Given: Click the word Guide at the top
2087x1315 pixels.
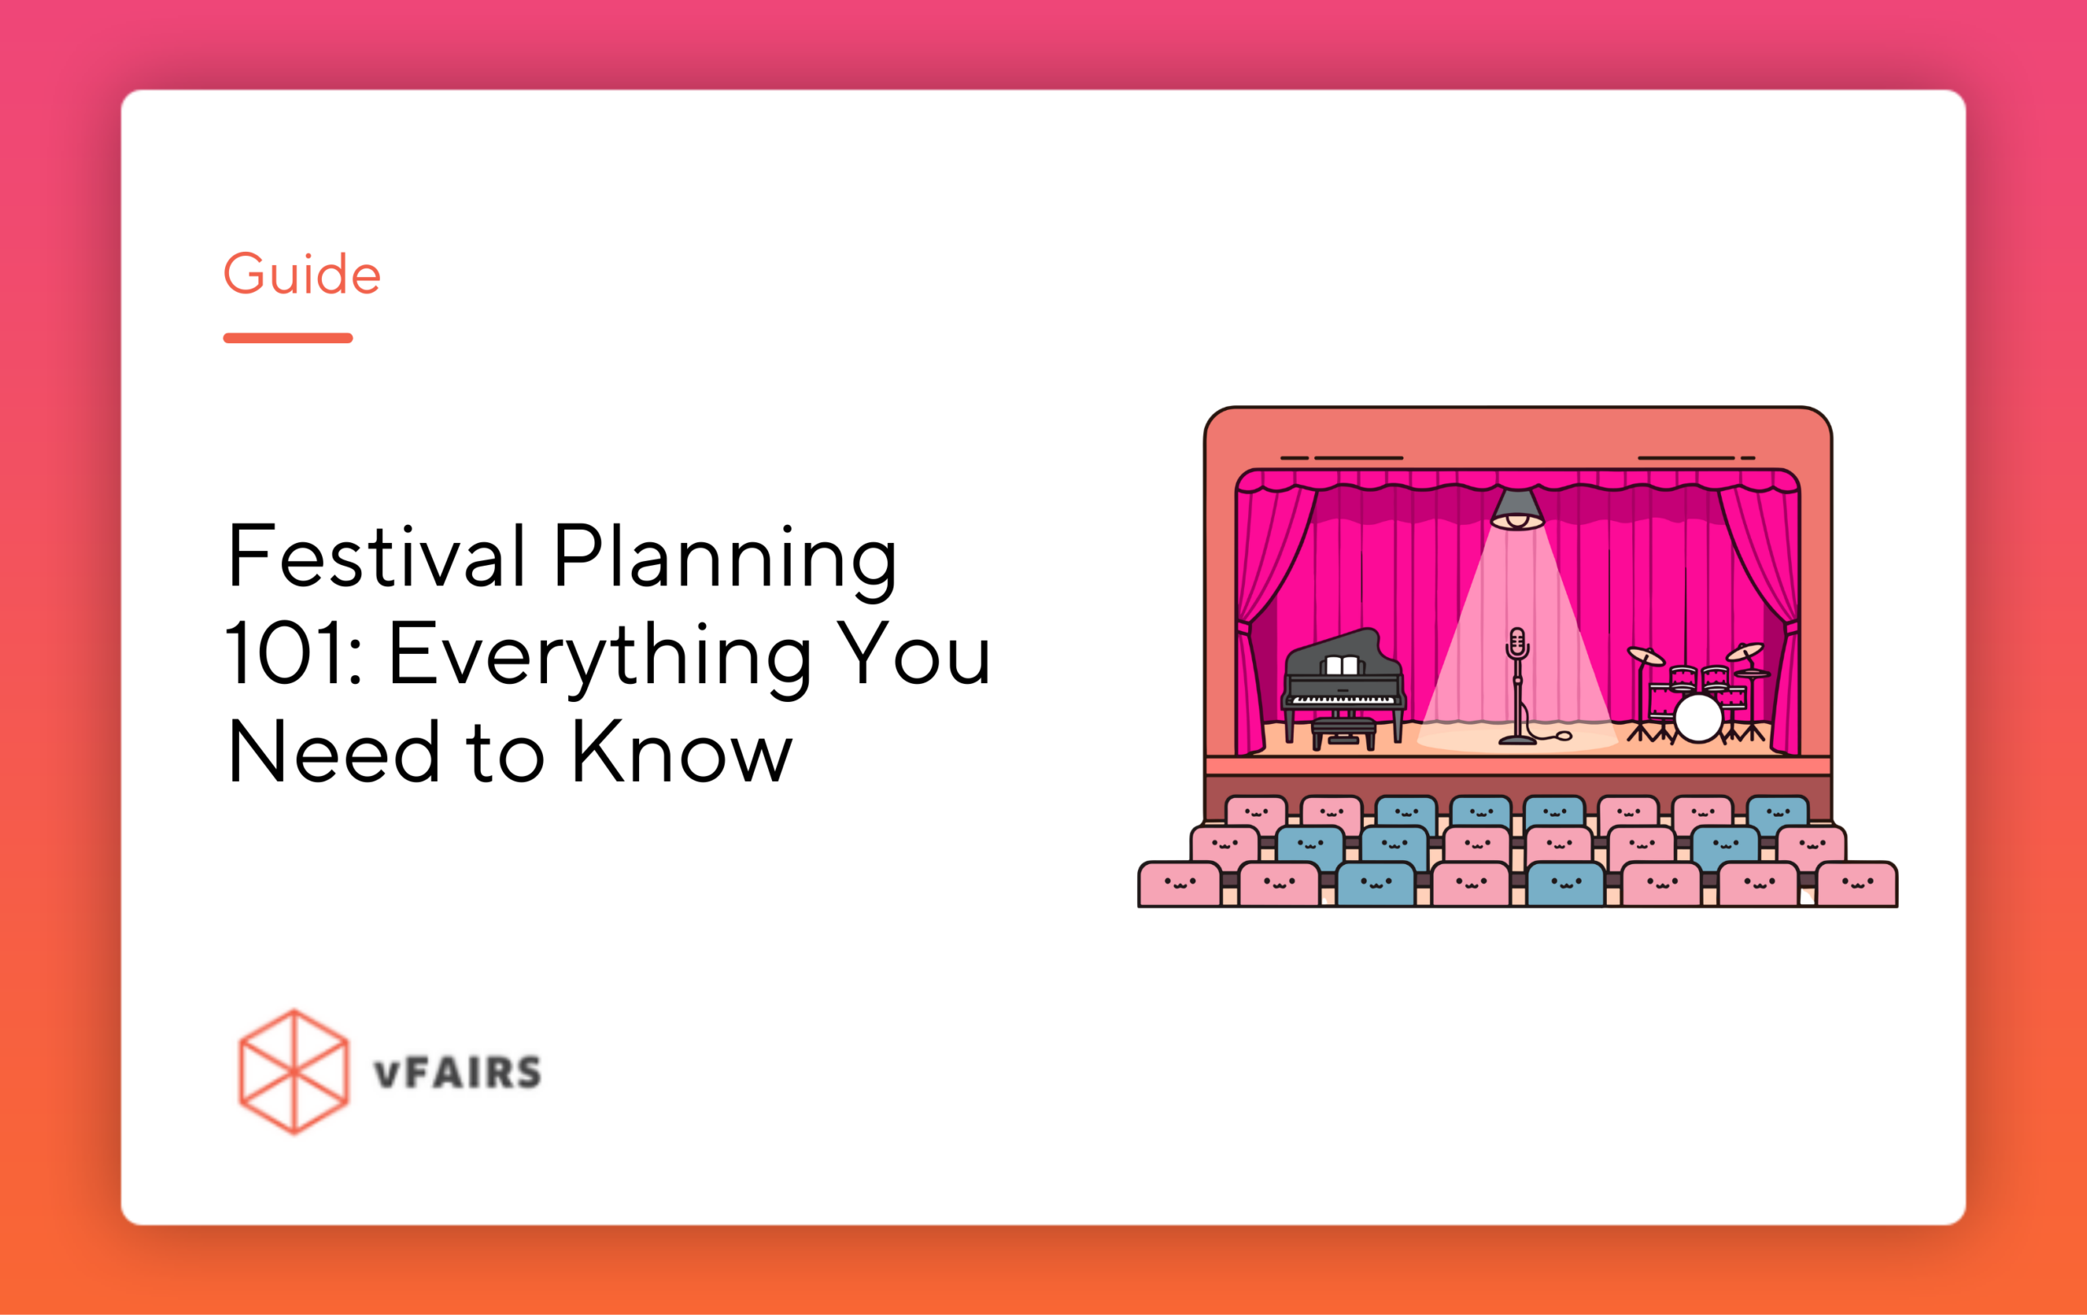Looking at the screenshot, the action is [x=302, y=274].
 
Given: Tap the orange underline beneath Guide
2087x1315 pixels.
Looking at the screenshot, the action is [x=288, y=338].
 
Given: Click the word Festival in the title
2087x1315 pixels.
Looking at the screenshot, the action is [x=376, y=556].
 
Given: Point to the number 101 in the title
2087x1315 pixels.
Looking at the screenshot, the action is [x=285, y=655].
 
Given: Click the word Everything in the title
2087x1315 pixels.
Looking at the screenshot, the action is [x=600, y=659].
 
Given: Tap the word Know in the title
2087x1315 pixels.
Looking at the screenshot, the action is [x=682, y=752].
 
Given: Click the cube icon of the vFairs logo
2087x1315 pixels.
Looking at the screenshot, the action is [x=293, y=1071].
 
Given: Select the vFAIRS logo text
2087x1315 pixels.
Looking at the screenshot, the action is [x=457, y=1073].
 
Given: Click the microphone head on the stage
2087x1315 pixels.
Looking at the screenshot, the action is [x=1516, y=642].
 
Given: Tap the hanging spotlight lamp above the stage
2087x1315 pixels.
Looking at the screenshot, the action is [x=1516, y=510].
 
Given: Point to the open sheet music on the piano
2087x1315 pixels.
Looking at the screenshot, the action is [x=1342, y=666].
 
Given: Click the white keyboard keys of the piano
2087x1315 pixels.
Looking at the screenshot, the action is [x=1343, y=699].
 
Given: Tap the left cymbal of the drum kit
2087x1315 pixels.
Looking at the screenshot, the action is [x=1645, y=656].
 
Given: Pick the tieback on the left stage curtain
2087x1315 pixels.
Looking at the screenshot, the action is [x=1245, y=627].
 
